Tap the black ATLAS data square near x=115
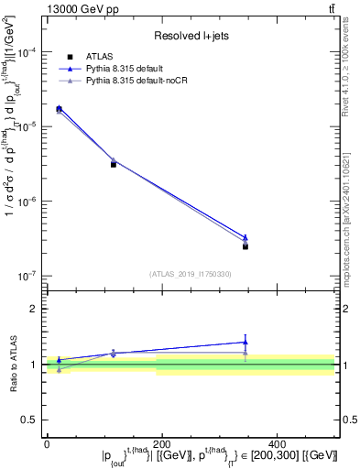click(113, 164)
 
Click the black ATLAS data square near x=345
click(245, 246)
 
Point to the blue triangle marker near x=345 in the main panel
click(245, 237)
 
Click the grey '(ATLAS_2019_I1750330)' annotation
click(190, 273)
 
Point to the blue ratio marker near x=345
click(245, 342)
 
